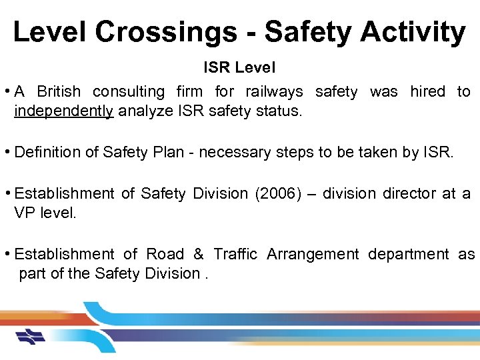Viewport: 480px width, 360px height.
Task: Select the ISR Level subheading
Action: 239,68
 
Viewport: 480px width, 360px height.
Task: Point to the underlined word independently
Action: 64,111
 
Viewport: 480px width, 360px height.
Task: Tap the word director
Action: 409,193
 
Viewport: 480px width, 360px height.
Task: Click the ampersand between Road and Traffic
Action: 199,254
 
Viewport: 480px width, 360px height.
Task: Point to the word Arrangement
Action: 311,254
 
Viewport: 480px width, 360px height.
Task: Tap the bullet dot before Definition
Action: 7,152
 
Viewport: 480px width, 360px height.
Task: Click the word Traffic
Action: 234,254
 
